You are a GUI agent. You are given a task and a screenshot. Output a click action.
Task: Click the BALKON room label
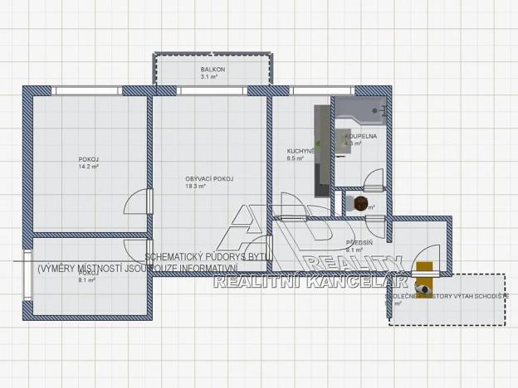(213, 70)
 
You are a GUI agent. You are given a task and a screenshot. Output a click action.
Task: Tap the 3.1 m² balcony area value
(208, 77)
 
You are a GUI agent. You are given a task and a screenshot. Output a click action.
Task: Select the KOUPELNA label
(362, 136)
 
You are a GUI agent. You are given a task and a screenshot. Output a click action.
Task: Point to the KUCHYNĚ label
(301, 151)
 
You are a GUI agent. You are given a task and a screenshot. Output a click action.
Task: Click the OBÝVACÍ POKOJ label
(209, 178)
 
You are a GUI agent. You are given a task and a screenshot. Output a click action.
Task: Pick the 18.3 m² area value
(196, 187)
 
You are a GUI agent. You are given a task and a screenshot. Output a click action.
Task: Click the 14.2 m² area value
(89, 167)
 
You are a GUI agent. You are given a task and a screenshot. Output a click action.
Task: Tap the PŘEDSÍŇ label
(359, 242)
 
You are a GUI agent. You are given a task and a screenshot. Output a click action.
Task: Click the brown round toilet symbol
(360, 202)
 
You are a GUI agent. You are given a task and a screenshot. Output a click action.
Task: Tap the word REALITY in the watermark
(354, 264)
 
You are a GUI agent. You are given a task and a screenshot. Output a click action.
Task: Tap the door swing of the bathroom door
(373, 177)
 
